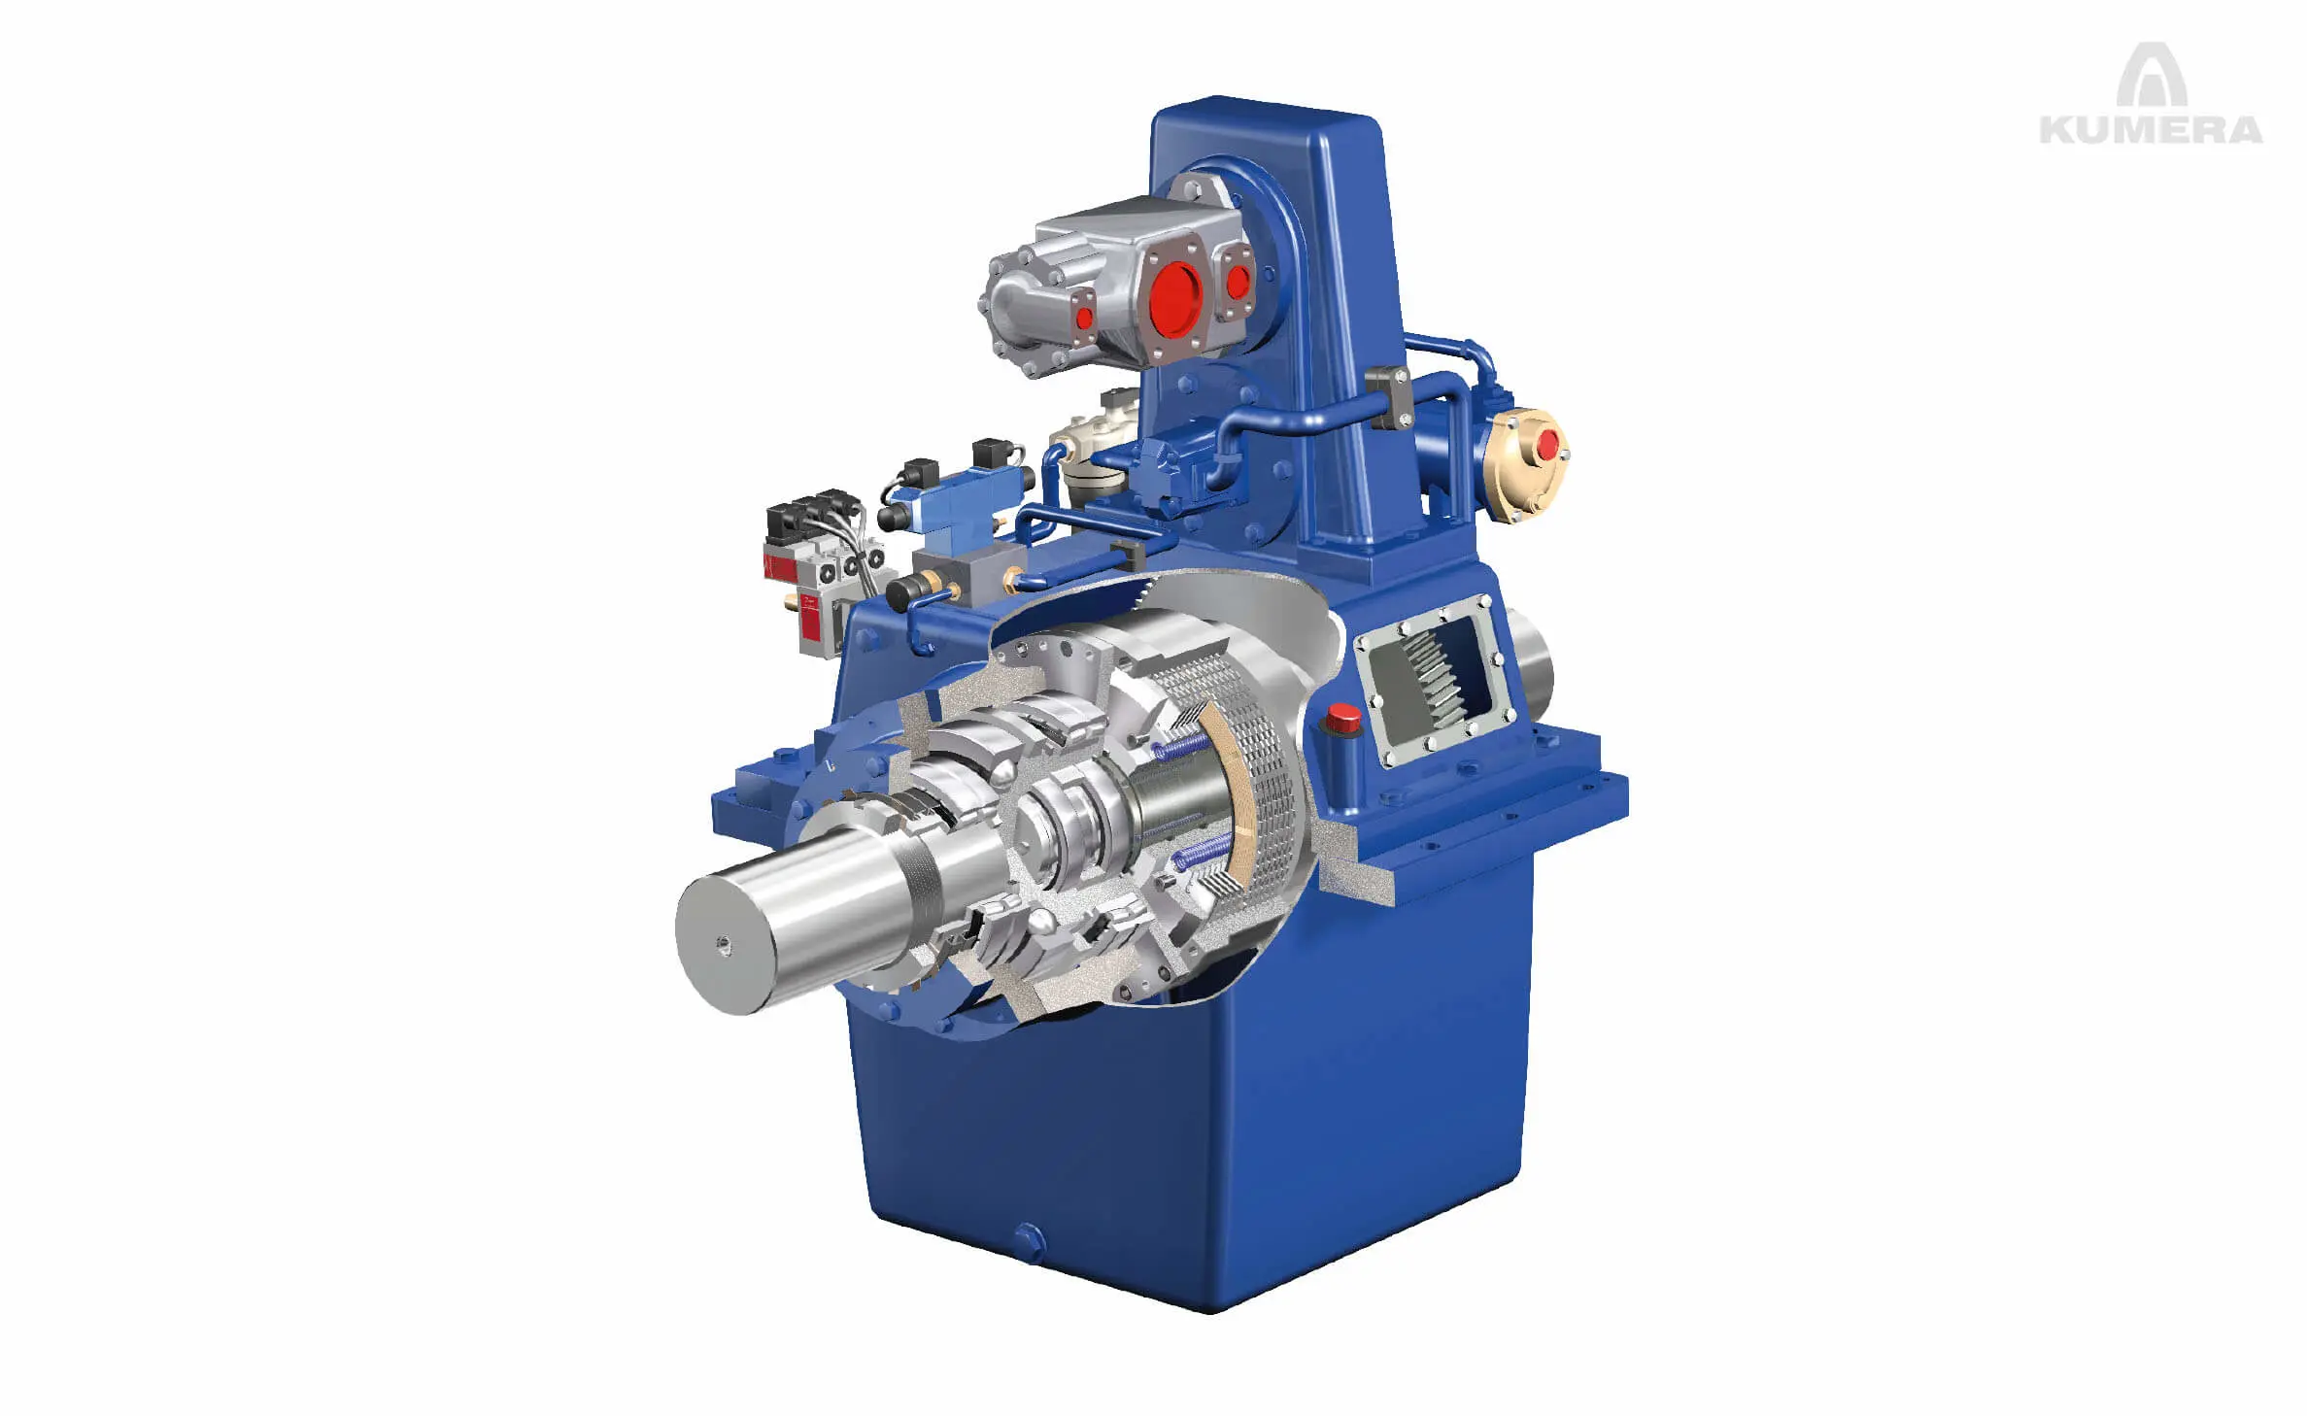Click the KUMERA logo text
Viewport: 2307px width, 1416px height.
[x=2151, y=129]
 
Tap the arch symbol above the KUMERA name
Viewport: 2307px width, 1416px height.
[x=2151, y=75]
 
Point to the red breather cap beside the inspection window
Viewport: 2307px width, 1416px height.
[x=1343, y=719]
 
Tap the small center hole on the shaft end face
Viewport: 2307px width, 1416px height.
[x=722, y=944]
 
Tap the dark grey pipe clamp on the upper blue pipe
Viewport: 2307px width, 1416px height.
[x=1389, y=392]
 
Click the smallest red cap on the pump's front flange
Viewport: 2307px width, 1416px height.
[x=1084, y=316]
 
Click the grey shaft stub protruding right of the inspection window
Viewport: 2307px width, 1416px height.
[x=1532, y=660]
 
